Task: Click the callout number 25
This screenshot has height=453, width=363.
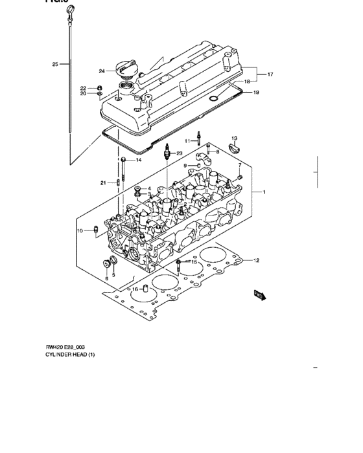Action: [x=55, y=64]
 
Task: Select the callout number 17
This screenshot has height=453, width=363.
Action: [x=270, y=74]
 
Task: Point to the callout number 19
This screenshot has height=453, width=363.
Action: [x=256, y=93]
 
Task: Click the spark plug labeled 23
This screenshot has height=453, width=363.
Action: [x=168, y=153]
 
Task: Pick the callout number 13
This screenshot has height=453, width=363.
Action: [x=234, y=138]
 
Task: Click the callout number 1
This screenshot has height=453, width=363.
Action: [x=264, y=192]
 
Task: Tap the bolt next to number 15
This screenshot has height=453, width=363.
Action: [x=178, y=263]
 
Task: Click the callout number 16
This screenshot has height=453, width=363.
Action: [x=135, y=289]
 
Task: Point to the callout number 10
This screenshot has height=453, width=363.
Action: [x=80, y=230]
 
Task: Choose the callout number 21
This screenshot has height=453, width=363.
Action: [x=102, y=183]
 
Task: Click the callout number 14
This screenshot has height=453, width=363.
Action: [x=138, y=160]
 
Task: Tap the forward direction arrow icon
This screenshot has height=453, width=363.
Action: [x=259, y=295]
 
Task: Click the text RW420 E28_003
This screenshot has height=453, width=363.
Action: [x=67, y=346]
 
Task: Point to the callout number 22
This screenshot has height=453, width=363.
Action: [x=83, y=87]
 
